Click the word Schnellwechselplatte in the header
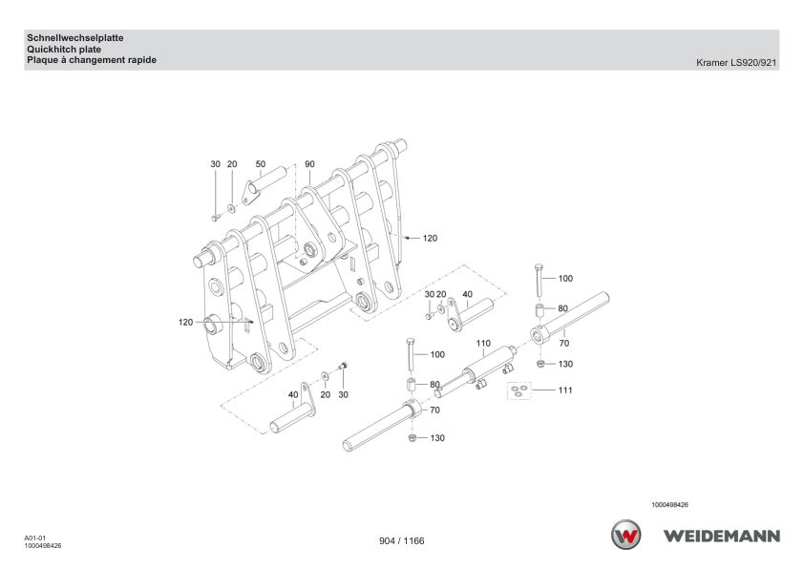(x=75, y=38)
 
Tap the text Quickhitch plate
(x=64, y=50)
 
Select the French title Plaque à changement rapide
(x=92, y=60)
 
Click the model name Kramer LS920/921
(x=736, y=63)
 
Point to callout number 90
(x=309, y=164)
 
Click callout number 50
(x=261, y=164)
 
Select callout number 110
(x=483, y=343)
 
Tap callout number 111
(x=565, y=390)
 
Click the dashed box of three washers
(x=518, y=390)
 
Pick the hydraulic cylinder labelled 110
(x=476, y=370)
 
